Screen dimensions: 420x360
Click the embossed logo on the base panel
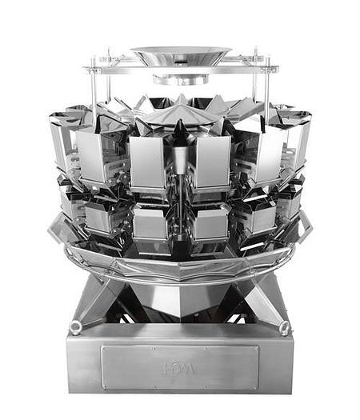pyautogui.click(x=179, y=369)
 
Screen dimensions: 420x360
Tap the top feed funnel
pyautogui.click(x=180, y=56)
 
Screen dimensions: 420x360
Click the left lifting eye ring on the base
pyautogui.click(x=76, y=326)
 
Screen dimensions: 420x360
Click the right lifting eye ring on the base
pyautogui.click(x=286, y=327)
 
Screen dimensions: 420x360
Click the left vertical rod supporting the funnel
pyautogui.click(x=94, y=88)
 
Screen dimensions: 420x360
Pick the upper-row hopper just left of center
pyautogui.click(x=147, y=163)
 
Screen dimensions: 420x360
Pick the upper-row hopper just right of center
pyautogui.click(x=213, y=163)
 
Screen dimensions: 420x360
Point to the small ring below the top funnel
pyautogui.click(x=180, y=78)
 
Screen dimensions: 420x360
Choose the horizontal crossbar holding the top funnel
pyautogui.click(x=180, y=69)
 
